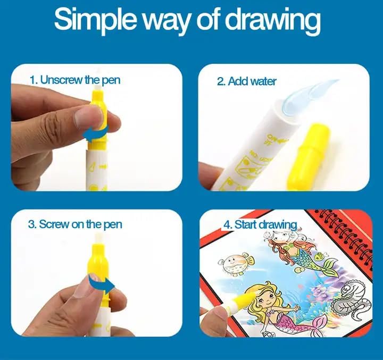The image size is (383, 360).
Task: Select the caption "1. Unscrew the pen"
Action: pos(75,80)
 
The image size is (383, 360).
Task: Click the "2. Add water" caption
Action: pos(246,81)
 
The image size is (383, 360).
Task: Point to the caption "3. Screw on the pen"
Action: pos(75,224)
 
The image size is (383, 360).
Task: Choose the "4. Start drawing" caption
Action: pos(260,224)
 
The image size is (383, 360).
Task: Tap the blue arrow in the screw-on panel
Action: pos(104,286)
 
